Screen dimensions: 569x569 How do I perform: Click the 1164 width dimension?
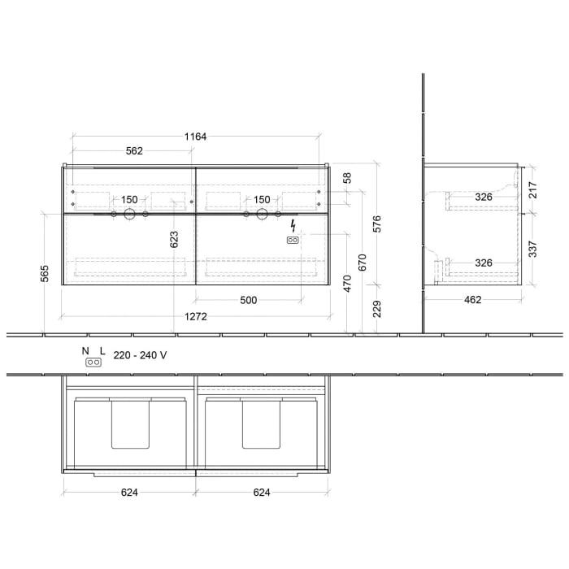195,137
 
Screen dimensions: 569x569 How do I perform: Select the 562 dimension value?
134,150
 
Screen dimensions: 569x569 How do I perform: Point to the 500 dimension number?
248,300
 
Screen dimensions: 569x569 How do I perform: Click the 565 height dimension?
45,275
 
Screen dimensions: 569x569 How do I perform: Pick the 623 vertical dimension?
174,239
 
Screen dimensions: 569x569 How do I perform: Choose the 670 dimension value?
363,262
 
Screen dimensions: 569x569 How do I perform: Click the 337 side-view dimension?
533,248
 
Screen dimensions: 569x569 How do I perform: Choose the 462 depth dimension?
472,300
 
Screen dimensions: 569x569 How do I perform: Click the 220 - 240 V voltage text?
140,354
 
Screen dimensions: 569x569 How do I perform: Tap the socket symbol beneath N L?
93,364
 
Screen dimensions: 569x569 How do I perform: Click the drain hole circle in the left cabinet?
128,215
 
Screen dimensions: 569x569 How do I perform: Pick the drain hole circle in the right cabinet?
261,215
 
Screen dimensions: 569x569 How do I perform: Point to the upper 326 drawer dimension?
484,197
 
